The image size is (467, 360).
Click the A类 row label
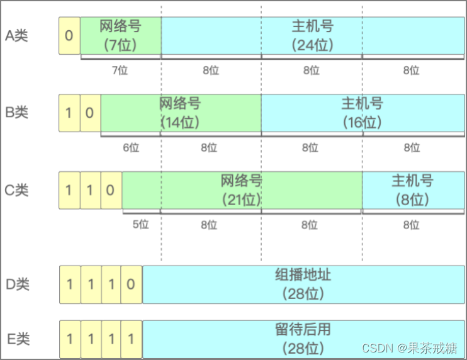(x=17, y=36)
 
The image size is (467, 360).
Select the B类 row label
(x=17, y=113)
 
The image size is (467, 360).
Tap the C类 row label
(x=17, y=189)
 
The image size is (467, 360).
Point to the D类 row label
(x=18, y=284)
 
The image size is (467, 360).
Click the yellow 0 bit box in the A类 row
(x=69, y=36)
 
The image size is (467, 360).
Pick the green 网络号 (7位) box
(x=120, y=36)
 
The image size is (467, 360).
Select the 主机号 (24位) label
(x=312, y=36)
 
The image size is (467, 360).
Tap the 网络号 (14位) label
(x=180, y=113)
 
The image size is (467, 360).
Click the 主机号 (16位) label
(x=362, y=113)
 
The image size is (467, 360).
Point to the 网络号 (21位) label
(x=241, y=189)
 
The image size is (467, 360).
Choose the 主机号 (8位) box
(x=412, y=189)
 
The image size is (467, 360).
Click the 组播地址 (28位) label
(x=303, y=284)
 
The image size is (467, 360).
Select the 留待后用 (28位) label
(x=303, y=339)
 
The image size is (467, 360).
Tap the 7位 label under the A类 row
(x=120, y=70)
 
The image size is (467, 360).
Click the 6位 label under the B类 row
(x=131, y=147)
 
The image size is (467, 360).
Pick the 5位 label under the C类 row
(x=141, y=224)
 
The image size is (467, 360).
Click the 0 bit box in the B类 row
(x=90, y=113)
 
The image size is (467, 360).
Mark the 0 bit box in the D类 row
(x=131, y=284)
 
